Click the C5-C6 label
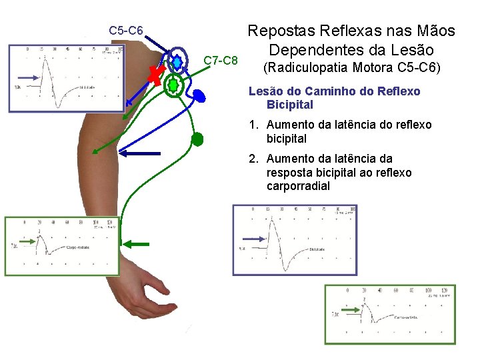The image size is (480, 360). pos(126,30)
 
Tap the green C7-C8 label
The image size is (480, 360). pos(221,61)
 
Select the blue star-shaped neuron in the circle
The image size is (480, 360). pos(177,63)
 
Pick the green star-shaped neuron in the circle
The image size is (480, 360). pos(173,85)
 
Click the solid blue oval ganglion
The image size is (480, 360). pos(199,97)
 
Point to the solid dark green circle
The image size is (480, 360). pos(197,139)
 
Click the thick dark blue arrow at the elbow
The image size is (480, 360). pos(141,153)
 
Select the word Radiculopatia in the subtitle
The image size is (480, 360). pos(303,67)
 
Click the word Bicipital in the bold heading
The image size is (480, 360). pos(289,105)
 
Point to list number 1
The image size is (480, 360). pos(253,125)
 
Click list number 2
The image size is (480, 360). pos(253,159)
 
